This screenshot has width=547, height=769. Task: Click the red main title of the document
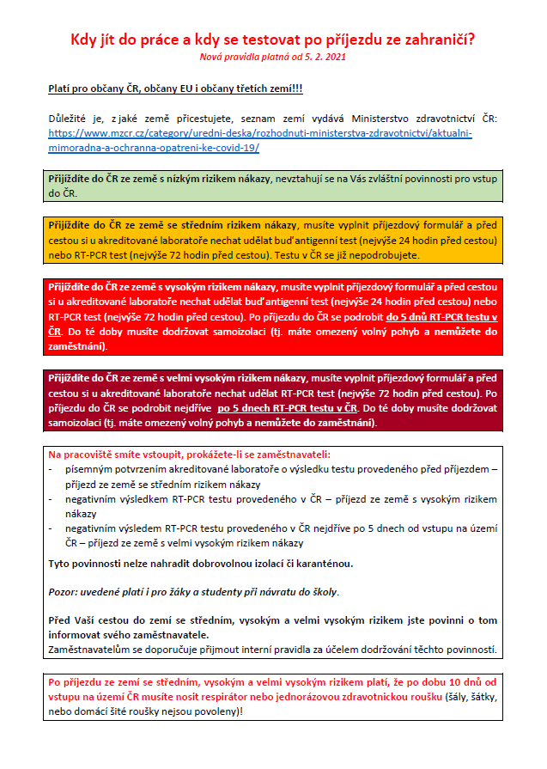tap(272, 40)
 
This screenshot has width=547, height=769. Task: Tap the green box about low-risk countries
tap(272, 186)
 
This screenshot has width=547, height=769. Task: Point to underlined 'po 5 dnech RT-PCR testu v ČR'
tap(288, 406)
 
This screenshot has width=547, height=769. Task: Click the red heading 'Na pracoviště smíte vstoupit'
tap(189, 454)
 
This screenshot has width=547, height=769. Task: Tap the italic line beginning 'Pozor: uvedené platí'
tap(193, 592)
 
